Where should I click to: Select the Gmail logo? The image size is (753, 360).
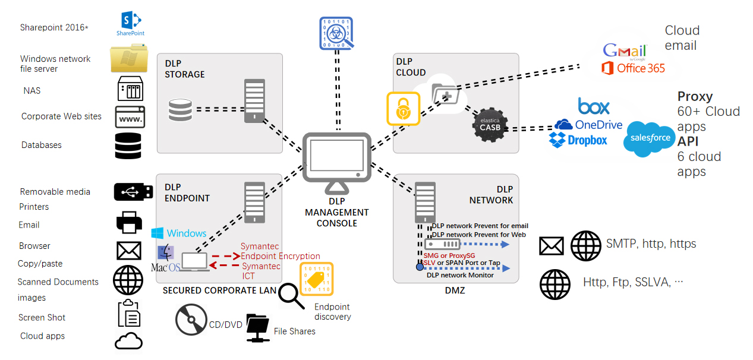point(624,51)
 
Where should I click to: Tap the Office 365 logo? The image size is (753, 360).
point(633,68)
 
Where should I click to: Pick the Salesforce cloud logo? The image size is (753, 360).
point(650,138)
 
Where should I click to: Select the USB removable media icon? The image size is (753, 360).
point(129,191)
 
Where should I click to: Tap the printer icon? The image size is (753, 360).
point(128,222)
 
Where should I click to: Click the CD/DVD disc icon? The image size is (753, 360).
point(191,321)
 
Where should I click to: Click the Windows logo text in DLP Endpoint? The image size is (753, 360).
point(179,233)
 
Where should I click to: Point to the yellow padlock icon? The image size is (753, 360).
point(403,108)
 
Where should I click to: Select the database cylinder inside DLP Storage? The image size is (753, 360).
point(180,110)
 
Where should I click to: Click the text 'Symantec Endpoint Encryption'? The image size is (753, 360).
point(280,251)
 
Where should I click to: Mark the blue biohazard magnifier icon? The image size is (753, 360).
point(337,32)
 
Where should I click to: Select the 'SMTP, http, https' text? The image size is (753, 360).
point(651,244)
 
